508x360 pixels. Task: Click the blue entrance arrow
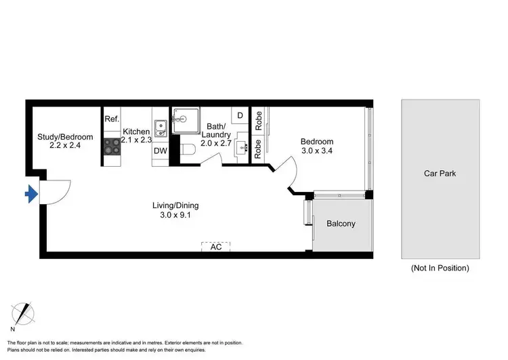[30, 195]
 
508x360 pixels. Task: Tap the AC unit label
[216, 247]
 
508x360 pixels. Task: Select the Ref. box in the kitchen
[112, 119]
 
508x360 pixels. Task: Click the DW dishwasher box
[161, 151]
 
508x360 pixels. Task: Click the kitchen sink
[161, 127]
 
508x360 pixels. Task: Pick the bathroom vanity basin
[241, 148]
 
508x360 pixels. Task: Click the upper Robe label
[259, 121]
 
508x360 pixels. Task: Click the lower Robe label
[259, 150]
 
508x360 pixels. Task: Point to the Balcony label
[341, 224]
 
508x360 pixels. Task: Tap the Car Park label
[440, 174]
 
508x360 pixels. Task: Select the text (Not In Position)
[440, 268]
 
